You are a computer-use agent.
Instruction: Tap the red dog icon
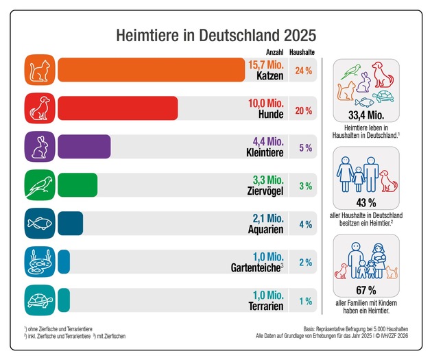point(39,109)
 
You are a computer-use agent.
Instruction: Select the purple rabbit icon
point(39,147)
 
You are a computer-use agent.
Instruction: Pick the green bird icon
point(39,185)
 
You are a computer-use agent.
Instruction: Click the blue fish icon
point(39,224)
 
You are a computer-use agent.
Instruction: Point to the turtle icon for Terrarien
point(39,300)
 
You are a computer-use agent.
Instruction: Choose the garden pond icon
point(39,262)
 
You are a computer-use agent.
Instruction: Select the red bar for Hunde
point(117,109)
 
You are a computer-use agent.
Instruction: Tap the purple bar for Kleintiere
point(84,147)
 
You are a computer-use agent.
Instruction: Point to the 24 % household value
point(303,71)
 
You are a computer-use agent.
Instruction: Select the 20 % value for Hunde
point(303,110)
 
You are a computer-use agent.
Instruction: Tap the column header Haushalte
point(302,51)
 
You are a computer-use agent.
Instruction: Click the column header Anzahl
point(274,51)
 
